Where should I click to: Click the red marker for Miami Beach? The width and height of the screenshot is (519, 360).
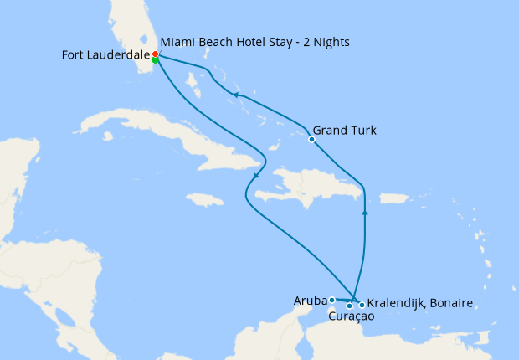pyautogui.click(x=156, y=54)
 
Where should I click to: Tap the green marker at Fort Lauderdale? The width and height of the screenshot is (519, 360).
pyautogui.click(x=156, y=59)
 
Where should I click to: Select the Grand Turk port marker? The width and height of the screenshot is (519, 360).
pyautogui.click(x=311, y=140)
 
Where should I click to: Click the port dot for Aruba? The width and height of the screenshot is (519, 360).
pyautogui.click(x=332, y=300)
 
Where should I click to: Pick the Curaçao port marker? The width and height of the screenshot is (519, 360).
pyautogui.click(x=349, y=306)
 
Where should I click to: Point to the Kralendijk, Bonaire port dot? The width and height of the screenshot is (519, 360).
pyautogui.click(x=362, y=305)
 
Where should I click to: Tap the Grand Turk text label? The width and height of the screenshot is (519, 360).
pyautogui.click(x=344, y=131)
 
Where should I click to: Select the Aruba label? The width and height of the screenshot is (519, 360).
pyautogui.click(x=310, y=300)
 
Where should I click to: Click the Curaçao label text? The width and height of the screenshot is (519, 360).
pyautogui.click(x=351, y=317)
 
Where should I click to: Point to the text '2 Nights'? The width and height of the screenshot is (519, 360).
pyautogui.click(x=325, y=42)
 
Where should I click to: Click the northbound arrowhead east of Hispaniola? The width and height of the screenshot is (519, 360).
pyautogui.click(x=364, y=213)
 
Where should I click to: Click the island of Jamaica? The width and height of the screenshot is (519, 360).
pyautogui.click(x=204, y=200)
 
